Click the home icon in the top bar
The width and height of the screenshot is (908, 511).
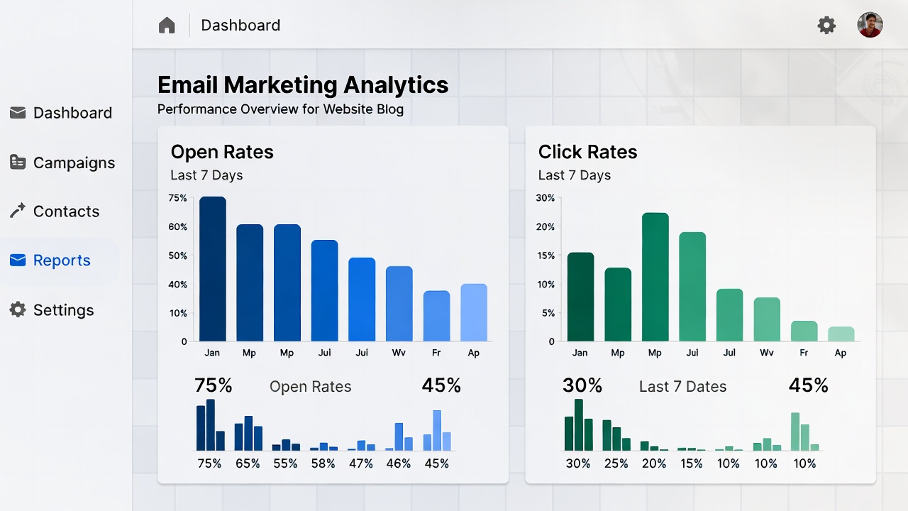167,26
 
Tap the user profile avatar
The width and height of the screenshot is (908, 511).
870,26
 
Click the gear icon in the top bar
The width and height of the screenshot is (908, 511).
826,26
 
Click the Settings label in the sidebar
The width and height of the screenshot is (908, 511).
63,310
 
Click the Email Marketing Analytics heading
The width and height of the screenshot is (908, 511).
303,85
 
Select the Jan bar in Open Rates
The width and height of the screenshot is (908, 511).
212,270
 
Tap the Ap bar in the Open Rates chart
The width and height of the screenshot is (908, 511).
474,313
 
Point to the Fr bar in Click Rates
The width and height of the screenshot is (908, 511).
804,331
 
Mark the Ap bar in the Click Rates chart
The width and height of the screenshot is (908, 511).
841,334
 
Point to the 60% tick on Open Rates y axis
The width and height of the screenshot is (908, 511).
178,227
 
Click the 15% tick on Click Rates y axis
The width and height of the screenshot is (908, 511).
546,255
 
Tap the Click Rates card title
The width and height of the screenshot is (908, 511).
587,152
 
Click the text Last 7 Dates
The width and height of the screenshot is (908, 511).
682,387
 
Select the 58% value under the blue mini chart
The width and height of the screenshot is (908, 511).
323,463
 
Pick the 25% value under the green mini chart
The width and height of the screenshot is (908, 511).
616,463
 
